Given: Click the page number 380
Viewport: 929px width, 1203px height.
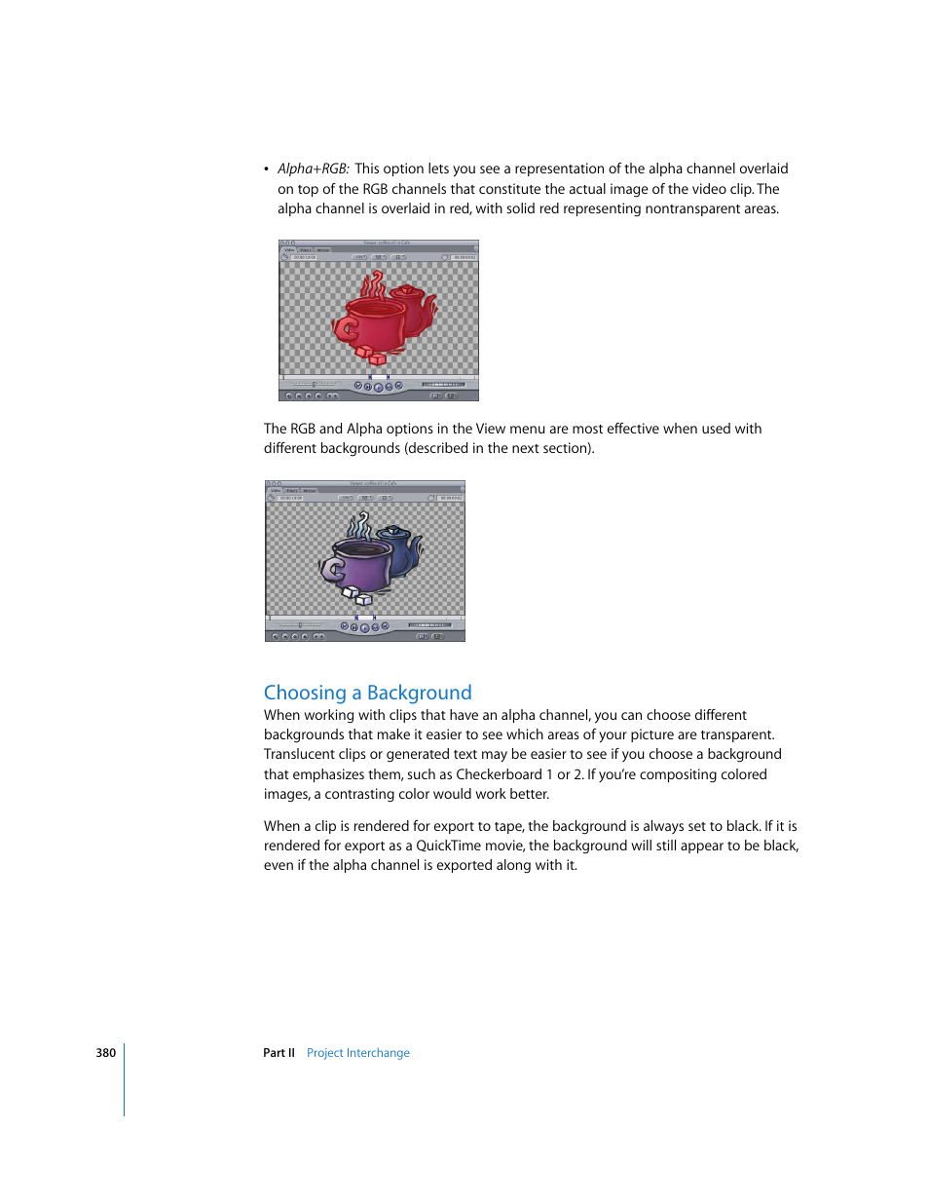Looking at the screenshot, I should pos(105,1053).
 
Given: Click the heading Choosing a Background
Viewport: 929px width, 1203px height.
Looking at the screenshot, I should pos(367,693).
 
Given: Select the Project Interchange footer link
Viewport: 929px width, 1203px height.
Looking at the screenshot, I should pos(357,1053).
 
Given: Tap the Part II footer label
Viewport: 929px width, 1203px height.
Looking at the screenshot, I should pos(279,1053).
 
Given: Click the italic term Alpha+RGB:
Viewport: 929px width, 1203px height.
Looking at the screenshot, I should pos(313,169).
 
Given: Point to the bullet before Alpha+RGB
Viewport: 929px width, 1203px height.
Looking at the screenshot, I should pos(266,169).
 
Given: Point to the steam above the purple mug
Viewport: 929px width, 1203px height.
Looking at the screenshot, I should pos(359,526).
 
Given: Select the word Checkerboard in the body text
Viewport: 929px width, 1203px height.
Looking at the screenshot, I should pos(499,774).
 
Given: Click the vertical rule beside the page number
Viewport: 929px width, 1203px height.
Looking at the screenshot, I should pos(125,1079).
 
